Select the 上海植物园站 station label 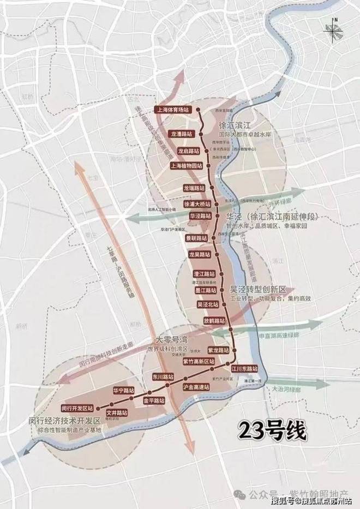[186, 166]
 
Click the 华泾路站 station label [200, 216]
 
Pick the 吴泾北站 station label [207, 304]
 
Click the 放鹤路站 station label [214, 321]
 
